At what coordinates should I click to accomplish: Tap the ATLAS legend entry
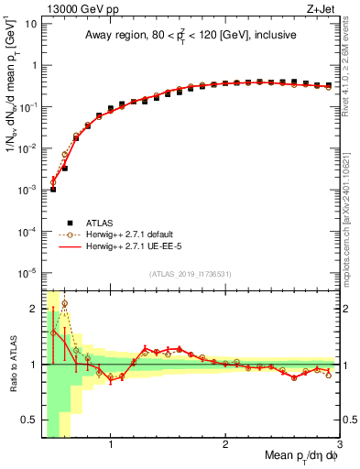pyautogui.click(x=103, y=221)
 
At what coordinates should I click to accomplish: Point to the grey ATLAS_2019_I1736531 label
pyautogui.click(x=191, y=275)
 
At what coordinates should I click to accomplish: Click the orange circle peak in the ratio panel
pyautogui.click(x=64, y=303)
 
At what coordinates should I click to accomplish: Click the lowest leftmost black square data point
pyautogui.click(x=53, y=189)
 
